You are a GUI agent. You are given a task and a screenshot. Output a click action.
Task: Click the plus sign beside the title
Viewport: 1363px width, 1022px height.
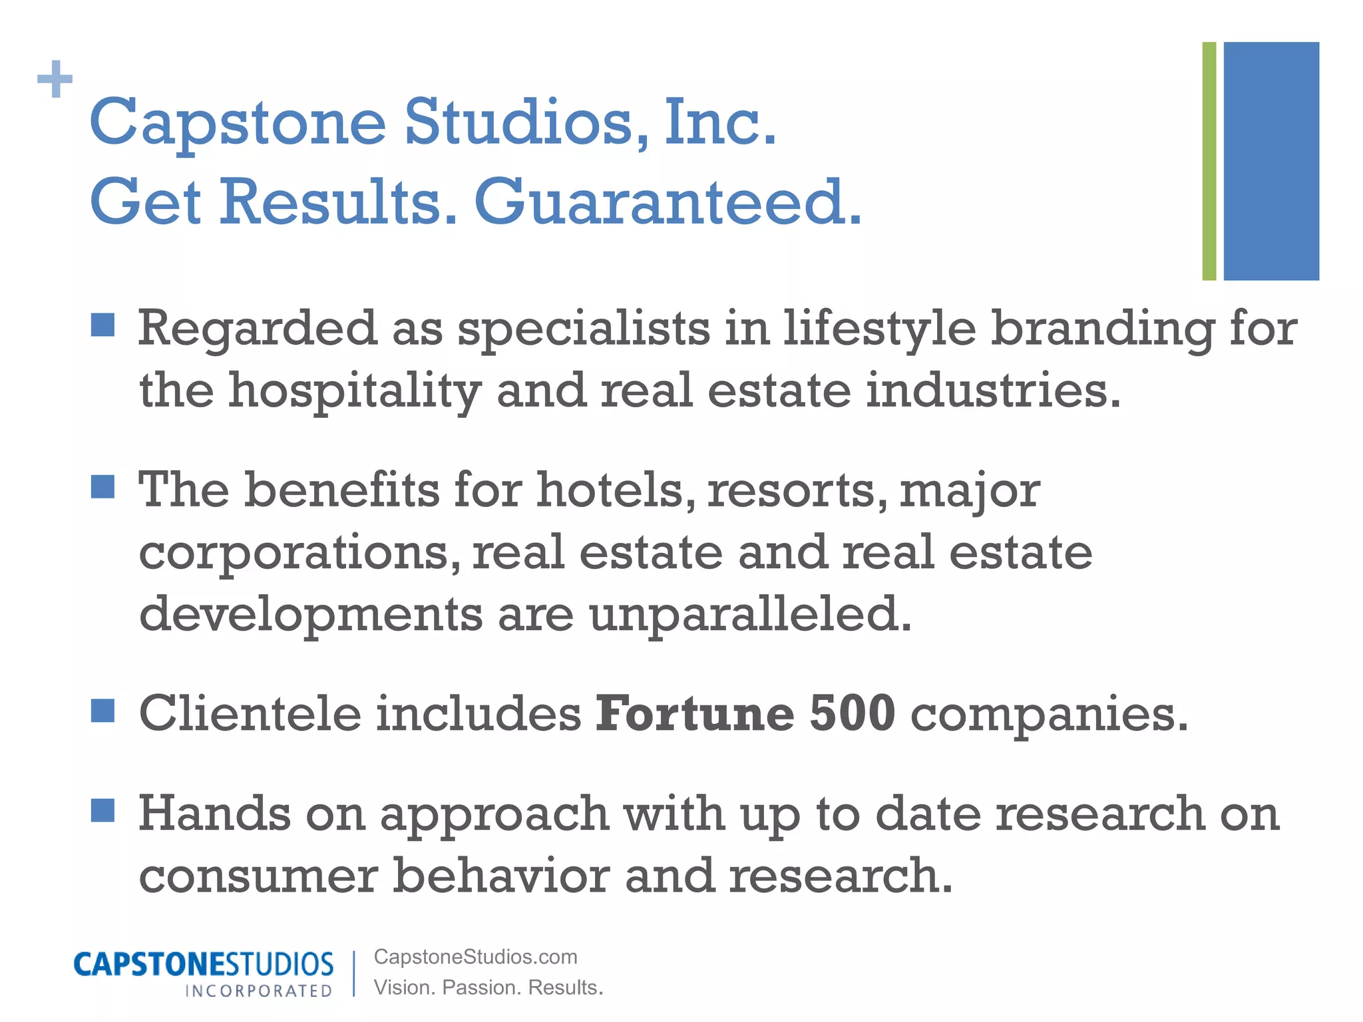click(55, 79)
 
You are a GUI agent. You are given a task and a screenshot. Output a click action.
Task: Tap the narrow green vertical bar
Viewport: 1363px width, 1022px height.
click(1209, 161)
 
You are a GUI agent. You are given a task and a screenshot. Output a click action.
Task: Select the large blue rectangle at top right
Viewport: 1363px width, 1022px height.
click(1271, 161)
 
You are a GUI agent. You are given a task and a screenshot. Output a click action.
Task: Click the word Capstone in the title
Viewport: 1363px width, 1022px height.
click(238, 123)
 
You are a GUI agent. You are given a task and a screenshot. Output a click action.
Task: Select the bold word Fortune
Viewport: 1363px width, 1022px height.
click(694, 714)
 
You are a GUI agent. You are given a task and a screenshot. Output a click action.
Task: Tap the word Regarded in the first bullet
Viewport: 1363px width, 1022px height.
click(257, 328)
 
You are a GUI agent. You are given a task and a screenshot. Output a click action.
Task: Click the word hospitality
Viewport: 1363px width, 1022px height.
click(355, 391)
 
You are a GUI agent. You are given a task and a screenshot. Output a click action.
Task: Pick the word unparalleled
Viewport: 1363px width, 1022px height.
click(750, 614)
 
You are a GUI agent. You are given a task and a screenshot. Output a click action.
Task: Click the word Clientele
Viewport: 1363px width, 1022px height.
click(250, 714)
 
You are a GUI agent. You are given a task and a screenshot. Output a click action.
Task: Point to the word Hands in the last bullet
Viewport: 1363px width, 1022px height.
click(214, 814)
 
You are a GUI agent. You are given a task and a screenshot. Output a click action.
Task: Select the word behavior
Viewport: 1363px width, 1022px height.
click(500, 876)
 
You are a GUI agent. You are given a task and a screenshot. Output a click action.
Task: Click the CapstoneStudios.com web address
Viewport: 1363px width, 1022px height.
click(475, 957)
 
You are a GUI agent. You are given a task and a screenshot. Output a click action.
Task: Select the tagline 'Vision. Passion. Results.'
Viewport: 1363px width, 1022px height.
click(488, 987)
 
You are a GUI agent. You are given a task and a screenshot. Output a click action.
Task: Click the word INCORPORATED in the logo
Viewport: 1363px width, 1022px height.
click(258, 991)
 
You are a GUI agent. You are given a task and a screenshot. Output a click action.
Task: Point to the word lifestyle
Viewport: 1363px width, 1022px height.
click(879, 329)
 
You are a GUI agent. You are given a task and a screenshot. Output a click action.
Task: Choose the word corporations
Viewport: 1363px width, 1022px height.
click(299, 553)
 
